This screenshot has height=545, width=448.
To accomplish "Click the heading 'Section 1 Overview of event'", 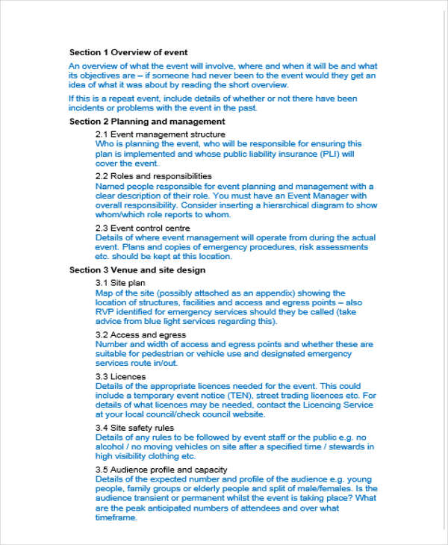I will click(x=128, y=52).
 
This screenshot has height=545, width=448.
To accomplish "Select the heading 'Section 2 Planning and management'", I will click(x=147, y=121).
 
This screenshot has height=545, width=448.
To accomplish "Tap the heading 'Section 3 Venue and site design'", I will click(x=137, y=270).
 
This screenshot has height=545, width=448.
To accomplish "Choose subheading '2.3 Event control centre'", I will click(x=143, y=228).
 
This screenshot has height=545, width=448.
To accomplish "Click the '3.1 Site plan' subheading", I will click(x=120, y=283).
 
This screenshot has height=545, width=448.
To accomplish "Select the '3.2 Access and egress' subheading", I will click(x=140, y=335).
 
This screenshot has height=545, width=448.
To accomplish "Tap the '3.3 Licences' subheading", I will click(x=121, y=376).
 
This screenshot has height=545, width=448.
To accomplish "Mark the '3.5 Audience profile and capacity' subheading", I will click(x=161, y=470).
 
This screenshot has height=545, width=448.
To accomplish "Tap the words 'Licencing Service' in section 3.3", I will click(x=338, y=405).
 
